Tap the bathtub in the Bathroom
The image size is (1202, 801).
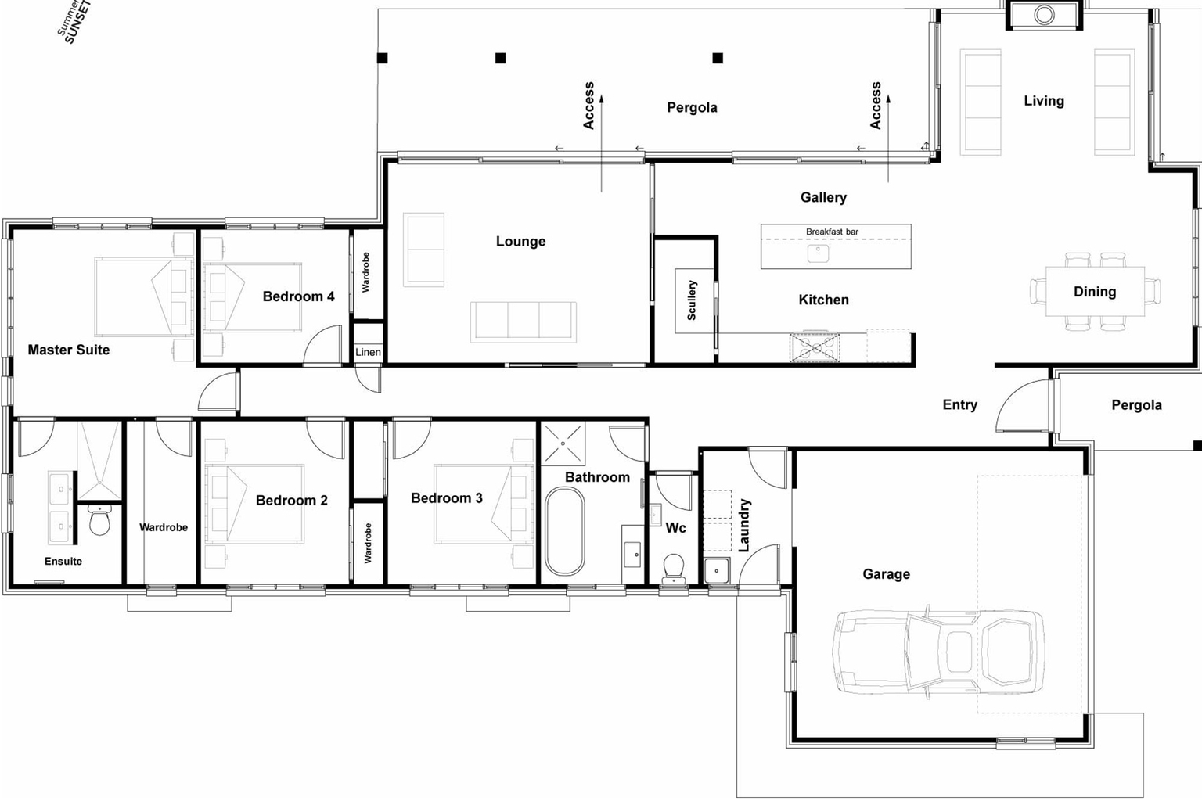564,531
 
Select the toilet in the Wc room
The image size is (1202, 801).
673,566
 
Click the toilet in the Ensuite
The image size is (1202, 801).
99,520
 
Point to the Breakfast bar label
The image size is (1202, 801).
832,232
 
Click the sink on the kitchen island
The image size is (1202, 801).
818,253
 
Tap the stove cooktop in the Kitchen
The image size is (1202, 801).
815,347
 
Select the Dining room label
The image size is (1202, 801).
1094,292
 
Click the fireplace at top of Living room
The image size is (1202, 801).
1044,15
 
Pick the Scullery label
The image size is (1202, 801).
692,300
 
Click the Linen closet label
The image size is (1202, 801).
368,352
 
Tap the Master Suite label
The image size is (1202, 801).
69,350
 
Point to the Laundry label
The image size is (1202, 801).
744,525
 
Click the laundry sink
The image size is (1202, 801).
716,570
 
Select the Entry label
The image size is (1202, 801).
959,404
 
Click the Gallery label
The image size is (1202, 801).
823,197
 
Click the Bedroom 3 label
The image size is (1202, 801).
447,498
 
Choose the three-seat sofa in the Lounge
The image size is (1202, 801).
523,321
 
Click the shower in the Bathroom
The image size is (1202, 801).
563,443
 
